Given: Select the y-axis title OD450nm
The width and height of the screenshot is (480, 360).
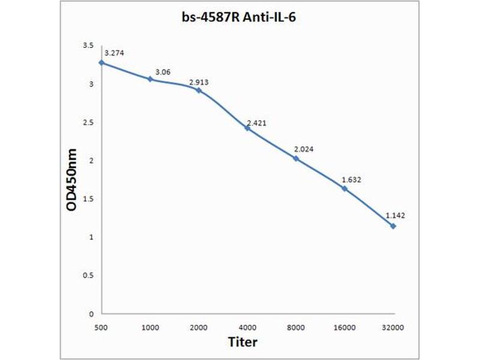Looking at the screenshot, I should (x=71, y=180).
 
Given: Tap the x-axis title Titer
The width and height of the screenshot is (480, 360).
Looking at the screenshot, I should (x=243, y=342).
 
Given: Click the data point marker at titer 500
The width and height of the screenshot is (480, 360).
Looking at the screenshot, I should (x=101, y=62).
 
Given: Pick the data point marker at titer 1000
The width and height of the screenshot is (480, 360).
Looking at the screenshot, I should (x=150, y=79).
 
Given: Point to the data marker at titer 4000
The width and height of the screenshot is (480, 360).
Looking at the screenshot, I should (x=247, y=128).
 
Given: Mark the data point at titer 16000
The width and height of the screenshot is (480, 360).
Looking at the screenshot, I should (x=344, y=188).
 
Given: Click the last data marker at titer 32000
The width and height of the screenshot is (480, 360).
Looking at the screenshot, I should (x=393, y=226).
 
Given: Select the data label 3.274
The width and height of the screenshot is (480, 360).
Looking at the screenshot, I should (x=114, y=53).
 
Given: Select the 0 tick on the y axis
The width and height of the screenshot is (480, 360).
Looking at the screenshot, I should (x=91, y=314).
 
